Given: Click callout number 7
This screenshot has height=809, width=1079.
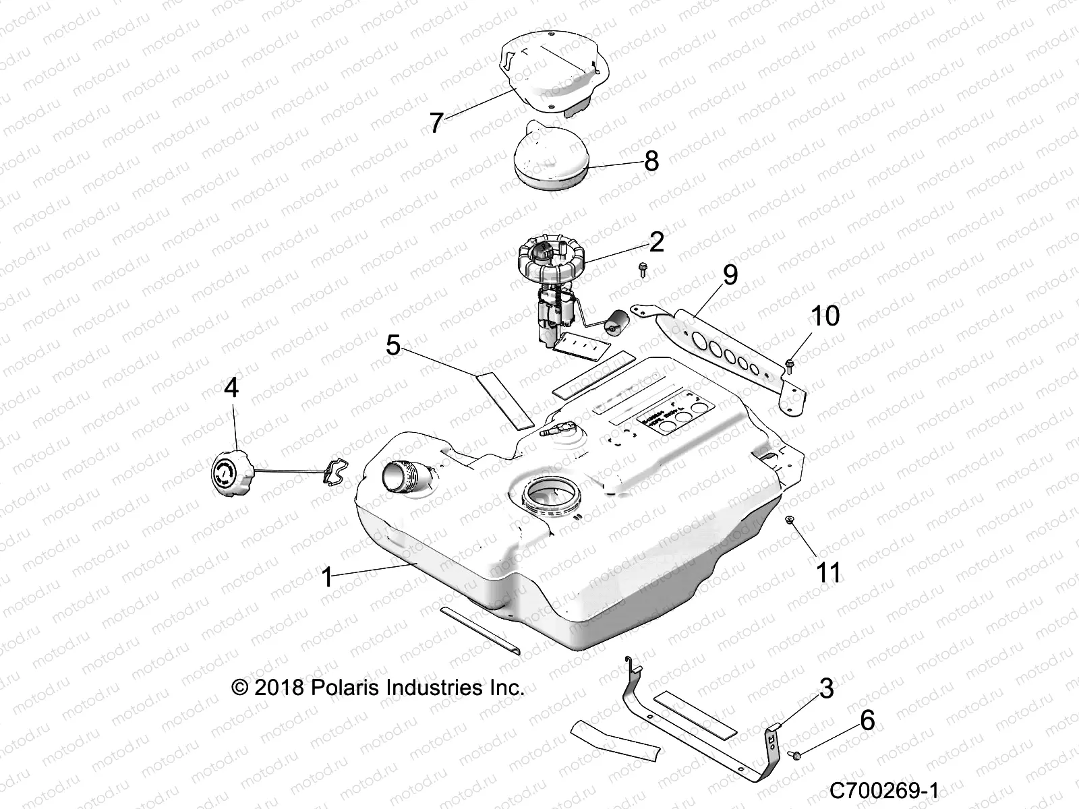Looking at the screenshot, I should tap(436, 123).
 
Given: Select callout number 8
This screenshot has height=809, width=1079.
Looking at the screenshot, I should tap(651, 161).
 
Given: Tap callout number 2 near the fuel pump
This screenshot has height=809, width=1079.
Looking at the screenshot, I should tap(656, 241).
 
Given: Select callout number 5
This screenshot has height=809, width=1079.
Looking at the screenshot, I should tap(393, 346).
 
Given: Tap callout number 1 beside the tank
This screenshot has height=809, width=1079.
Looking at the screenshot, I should tap(327, 577).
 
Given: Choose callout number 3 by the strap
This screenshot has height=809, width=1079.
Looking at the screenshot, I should tap(826, 688).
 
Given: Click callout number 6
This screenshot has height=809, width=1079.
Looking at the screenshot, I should tap(867, 720).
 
